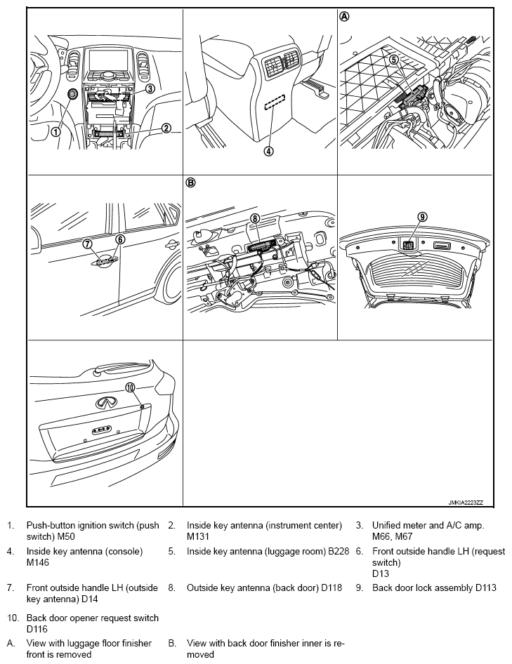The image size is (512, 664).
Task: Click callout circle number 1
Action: click(x=55, y=131)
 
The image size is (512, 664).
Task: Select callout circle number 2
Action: click(x=166, y=128)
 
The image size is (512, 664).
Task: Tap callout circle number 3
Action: click(x=150, y=89)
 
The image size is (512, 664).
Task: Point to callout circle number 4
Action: click(x=268, y=150)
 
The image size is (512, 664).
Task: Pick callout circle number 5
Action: click(x=394, y=60)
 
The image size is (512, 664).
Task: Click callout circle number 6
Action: click(x=120, y=239)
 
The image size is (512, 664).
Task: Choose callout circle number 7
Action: click(x=87, y=244)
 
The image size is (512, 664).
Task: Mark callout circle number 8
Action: click(x=255, y=218)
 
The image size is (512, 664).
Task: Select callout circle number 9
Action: click(x=422, y=217)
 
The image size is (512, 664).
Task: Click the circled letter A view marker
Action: click(x=344, y=17)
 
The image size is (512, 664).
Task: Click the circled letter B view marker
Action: click(x=190, y=182)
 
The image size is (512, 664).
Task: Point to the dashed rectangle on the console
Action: click(x=275, y=103)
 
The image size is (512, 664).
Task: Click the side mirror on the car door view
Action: click(x=170, y=246)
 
